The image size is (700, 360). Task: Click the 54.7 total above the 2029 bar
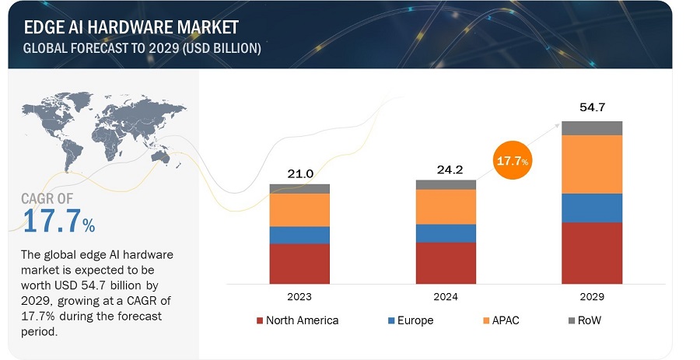tap(592, 107)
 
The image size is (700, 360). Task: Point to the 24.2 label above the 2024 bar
tap(446, 167)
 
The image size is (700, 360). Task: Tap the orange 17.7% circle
tap(511, 161)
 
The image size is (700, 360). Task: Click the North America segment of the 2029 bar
tap(592, 253)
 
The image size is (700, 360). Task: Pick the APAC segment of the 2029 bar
tap(592, 164)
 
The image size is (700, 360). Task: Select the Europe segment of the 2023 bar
tap(299, 235)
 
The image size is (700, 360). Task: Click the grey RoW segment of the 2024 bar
tap(446, 184)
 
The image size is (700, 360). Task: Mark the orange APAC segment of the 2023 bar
tap(299, 210)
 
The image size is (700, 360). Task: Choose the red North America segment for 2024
tap(446, 263)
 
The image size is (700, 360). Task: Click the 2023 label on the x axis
tap(299, 297)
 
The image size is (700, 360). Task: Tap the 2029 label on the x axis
tap(592, 297)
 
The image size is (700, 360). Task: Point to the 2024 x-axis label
tap(446, 297)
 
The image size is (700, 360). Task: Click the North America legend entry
tap(296, 320)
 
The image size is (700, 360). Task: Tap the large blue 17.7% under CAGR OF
tap(59, 222)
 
